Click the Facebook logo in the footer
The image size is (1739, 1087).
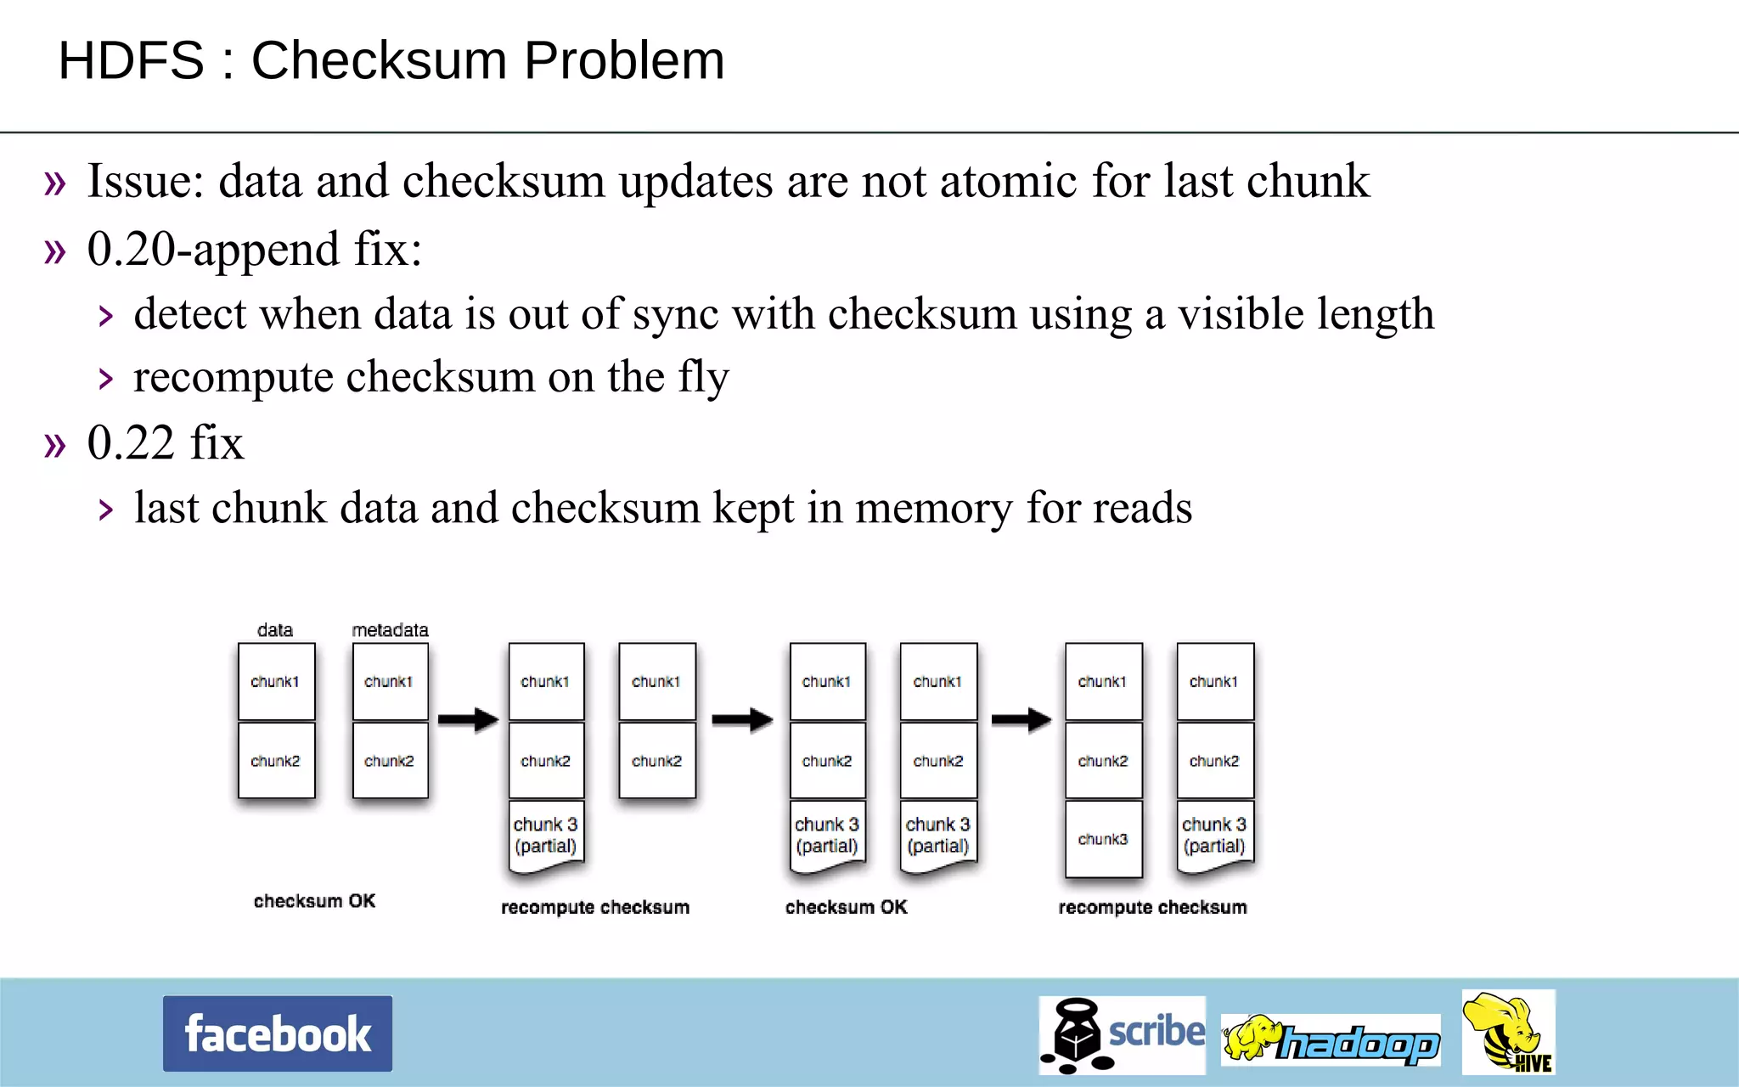(277, 1033)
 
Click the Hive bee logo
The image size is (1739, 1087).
(1508, 1033)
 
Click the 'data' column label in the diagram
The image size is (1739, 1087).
(275, 630)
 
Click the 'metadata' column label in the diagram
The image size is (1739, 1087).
(390, 630)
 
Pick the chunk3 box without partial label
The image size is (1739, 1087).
(1103, 839)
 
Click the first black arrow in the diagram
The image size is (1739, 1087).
(468, 719)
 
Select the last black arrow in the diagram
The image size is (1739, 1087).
(1021, 719)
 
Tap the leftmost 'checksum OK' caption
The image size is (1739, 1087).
(314, 901)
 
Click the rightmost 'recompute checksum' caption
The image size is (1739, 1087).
(1152, 907)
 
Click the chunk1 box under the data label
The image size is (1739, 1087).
(276, 682)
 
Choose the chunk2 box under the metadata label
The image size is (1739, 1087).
(390, 761)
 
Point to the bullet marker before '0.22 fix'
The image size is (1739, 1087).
(55, 444)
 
